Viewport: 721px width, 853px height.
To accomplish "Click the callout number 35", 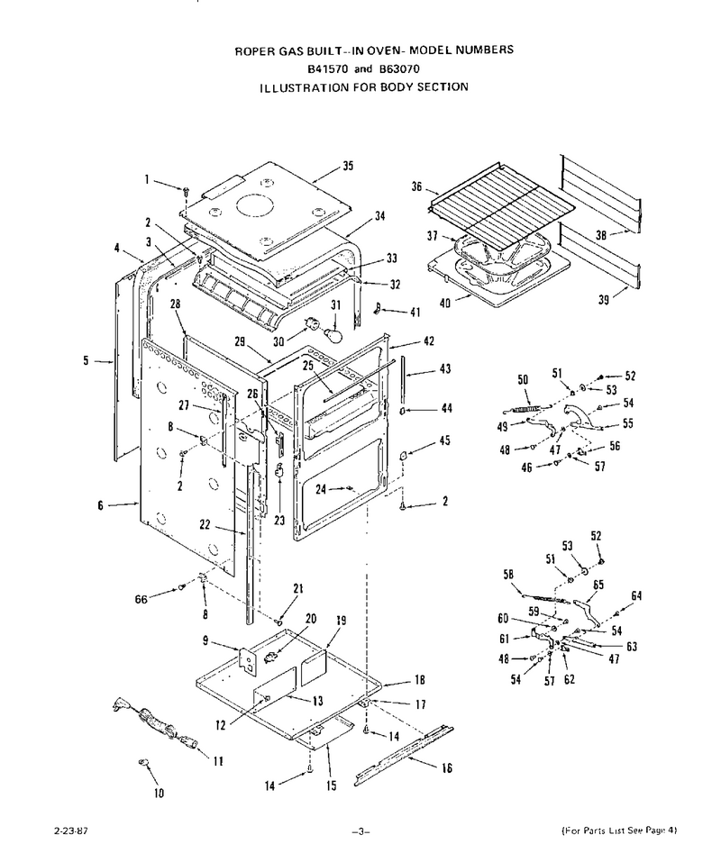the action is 348,166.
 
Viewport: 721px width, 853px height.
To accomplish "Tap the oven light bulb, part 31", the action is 333,333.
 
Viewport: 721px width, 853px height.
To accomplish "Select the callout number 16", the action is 447,767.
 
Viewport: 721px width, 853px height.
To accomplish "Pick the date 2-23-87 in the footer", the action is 71,830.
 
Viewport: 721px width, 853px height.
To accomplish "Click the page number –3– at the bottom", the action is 360,830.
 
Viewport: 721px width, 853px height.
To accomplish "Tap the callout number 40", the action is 445,303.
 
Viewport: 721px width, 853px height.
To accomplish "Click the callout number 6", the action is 100,505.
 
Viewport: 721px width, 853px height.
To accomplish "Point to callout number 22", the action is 205,524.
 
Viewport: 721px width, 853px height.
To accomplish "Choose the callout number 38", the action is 601,236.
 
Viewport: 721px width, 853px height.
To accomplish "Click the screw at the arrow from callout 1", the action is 186,190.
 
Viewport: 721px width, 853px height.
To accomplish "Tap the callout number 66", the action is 141,599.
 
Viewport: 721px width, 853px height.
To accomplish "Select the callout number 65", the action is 598,585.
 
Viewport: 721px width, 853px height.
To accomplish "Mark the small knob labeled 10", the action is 144,763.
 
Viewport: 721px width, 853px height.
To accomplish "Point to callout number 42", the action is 429,341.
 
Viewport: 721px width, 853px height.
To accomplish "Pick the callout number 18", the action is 420,679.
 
